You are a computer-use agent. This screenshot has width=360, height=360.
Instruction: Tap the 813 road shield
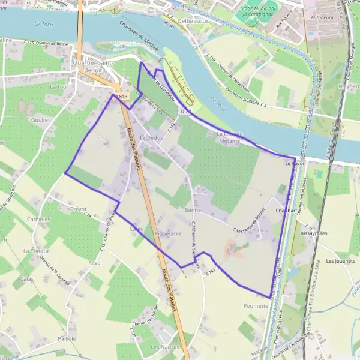123,97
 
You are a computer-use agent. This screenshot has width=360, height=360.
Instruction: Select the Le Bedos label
151,137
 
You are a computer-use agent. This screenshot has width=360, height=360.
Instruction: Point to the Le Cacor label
295,163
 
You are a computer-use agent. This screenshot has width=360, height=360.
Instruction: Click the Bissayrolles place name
315,233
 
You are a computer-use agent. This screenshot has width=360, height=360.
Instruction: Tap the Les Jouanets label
340,261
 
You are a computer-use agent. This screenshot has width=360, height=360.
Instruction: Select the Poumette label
256,305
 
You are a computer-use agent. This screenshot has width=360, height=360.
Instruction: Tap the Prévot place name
78,209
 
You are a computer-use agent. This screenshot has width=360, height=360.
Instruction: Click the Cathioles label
39,220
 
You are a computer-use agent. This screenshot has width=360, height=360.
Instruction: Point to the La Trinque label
35,250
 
